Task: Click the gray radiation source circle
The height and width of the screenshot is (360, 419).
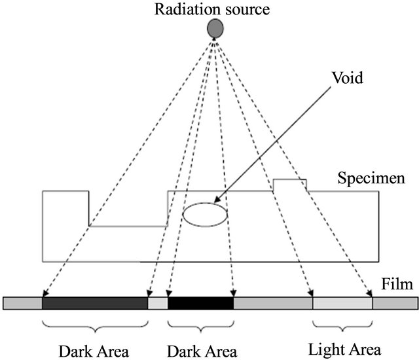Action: [215, 27]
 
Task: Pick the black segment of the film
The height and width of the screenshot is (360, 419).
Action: [200, 303]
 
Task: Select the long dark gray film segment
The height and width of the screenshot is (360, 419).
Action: [95, 303]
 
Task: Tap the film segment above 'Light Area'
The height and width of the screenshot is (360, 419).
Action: [342, 303]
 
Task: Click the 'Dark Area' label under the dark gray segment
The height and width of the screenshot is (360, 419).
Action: [96, 348]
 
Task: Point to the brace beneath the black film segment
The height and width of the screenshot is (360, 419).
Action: [200, 325]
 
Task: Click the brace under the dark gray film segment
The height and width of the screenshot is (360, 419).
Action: [95, 325]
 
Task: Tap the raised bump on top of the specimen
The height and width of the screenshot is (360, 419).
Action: [289, 185]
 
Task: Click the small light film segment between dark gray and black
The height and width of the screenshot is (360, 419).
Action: [158, 303]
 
